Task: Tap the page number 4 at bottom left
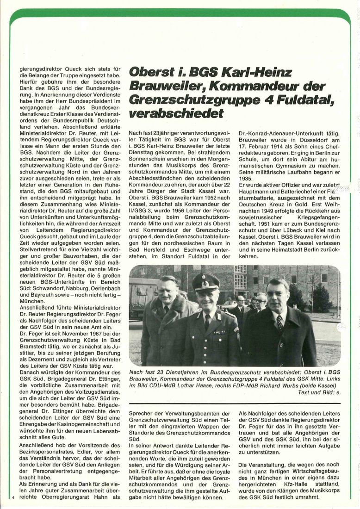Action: (x=14, y=497)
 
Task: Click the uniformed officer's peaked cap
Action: (x=205, y=281)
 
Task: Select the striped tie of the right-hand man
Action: (x=279, y=322)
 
